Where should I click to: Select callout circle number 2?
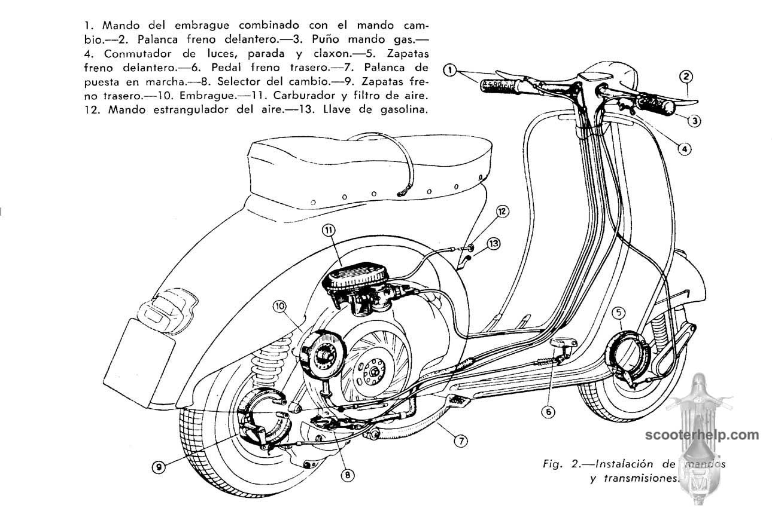point(686,76)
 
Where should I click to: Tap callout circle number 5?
point(619,311)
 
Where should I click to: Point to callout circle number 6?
point(549,411)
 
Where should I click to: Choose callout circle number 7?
point(460,441)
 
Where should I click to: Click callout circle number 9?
point(157,467)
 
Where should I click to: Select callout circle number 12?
point(502,211)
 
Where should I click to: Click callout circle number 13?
point(493,243)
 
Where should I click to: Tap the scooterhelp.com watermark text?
point(701,435)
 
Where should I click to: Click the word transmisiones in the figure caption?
point(635,478)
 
